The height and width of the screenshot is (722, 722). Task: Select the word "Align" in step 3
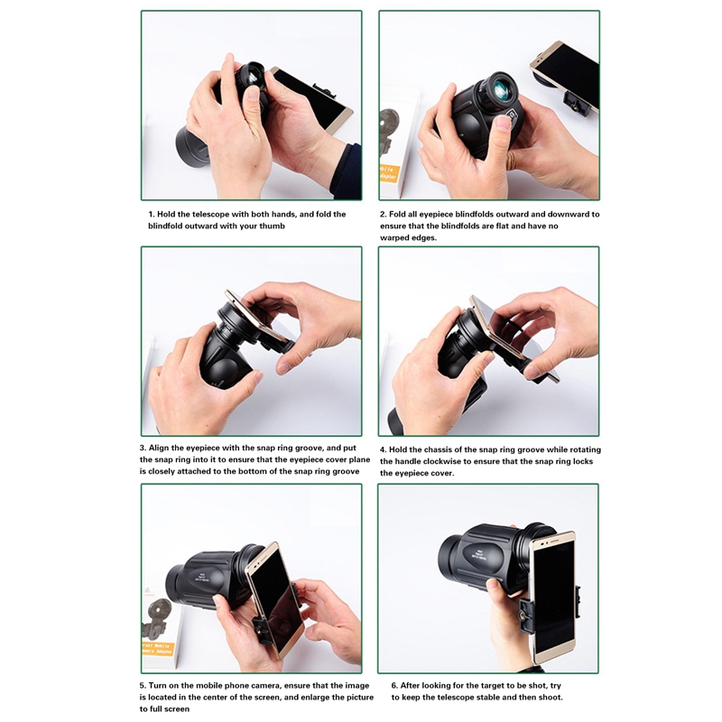pyautogui.click(x=161, y=448)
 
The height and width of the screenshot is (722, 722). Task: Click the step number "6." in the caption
pyautogui.click(x=394, y=686)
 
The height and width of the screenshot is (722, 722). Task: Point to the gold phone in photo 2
pyautogui.click(x=565, y=75)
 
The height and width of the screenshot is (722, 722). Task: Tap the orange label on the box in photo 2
pyautogui.click(x=389, y=173)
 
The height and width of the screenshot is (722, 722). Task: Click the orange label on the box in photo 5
pyautogui.click(x=158, y=649)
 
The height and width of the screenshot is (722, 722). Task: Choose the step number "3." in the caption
pyautogui.click(x=143, y=448)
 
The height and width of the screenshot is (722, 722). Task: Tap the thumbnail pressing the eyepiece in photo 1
pyautogui.click(x=252, y=95)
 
